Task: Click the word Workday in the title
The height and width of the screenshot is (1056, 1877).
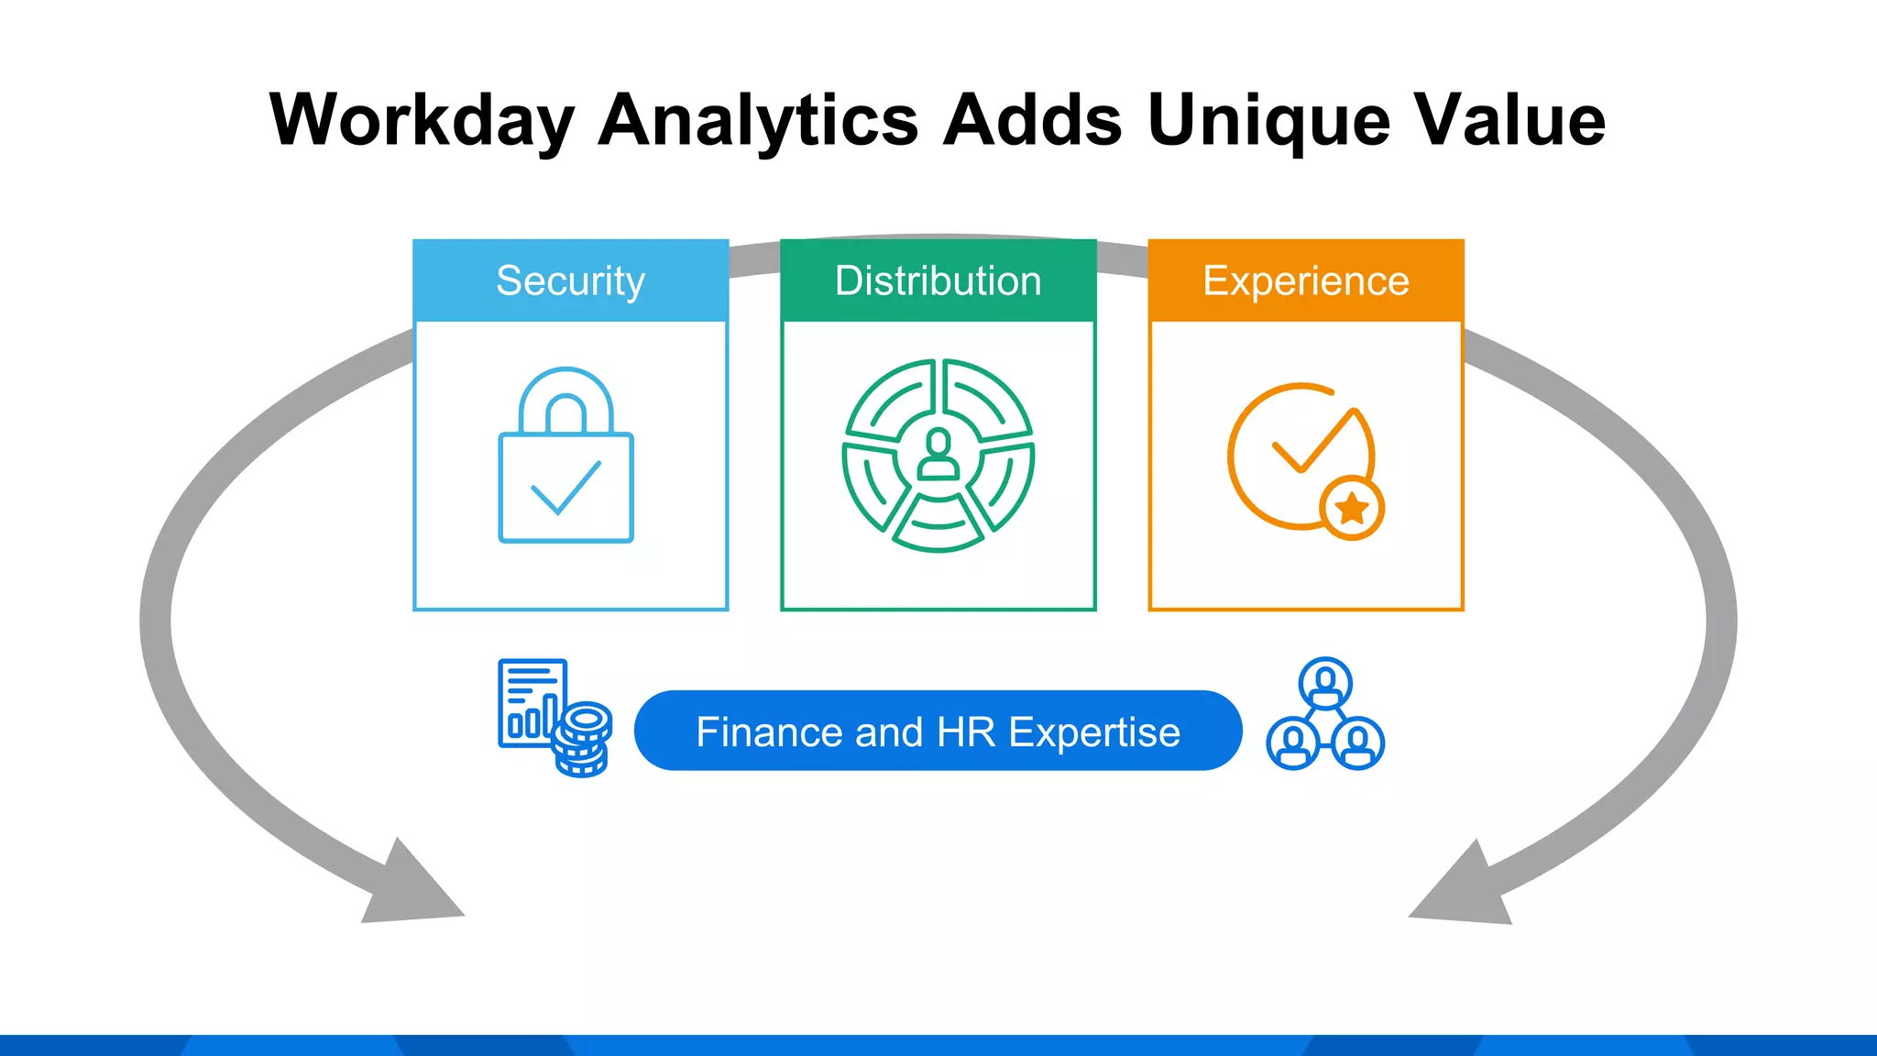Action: tap(422, 120)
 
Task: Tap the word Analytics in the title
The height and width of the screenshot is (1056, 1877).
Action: tap(758, 120)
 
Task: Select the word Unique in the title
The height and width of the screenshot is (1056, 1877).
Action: tap(1268, 120)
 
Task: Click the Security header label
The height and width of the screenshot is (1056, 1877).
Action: tap(570, 280)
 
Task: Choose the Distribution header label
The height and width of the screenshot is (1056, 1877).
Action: tap(938, 280)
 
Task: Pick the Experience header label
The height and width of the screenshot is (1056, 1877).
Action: tap(1305, 280)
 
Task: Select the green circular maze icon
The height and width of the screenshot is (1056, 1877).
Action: tap(938, 456)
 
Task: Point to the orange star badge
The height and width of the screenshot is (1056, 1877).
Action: tap(1352, 507)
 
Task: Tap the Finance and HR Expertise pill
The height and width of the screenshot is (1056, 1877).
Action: tap(938, 731)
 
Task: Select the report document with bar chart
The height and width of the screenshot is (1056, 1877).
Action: tap(530, 701)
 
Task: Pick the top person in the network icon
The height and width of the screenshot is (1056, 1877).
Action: tap(1325, 682)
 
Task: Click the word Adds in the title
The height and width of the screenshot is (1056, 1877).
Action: tap(1032, 120)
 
